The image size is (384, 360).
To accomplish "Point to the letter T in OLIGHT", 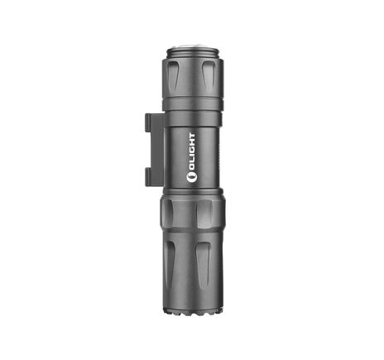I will coord(193,134).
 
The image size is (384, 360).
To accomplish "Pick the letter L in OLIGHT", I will coord(193,166).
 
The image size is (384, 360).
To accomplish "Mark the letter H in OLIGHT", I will coord(193,143).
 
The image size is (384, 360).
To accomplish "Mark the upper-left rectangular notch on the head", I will coord(170,212).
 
